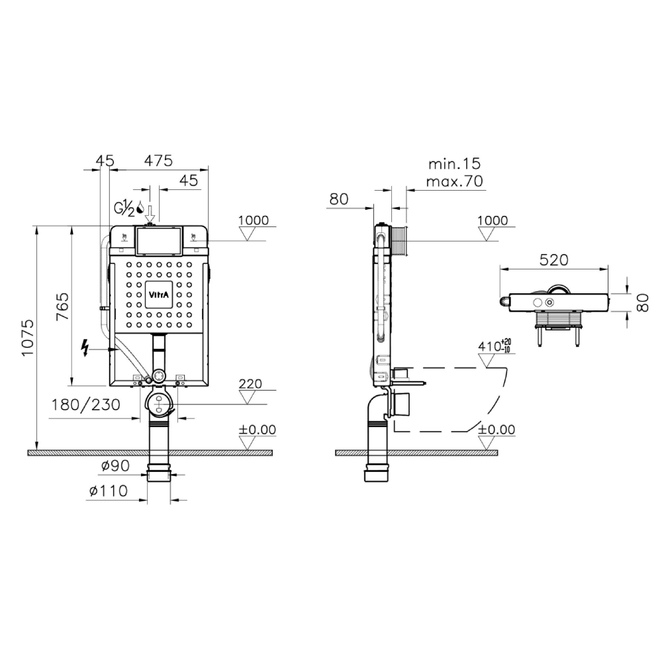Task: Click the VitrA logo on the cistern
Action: (x=159, y=295)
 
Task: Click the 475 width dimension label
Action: (x=158, y=161)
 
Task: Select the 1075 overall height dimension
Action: (x=28, y=338)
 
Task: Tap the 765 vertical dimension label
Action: (x=62, y=306)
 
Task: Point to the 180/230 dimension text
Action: (x=85, y=405)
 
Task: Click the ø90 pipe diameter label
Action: (x=115, y=465)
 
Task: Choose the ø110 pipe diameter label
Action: (x=109, y=491)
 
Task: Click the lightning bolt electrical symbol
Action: (x=85, y=348)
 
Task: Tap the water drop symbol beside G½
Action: (x=140, y=208)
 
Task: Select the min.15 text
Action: (x=454, y=164)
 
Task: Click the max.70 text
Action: (x=454, y=181)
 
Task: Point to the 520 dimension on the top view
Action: (x=554, y=260)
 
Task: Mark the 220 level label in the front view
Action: (x=250, y=384)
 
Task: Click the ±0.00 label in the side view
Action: (x=496, y=430)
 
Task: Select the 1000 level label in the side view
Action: (x=493, y=220)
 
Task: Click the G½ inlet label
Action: (x=124, y=209)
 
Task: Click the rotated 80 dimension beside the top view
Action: (x=642, y=303)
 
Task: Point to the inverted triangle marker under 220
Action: (x=248, y=397)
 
